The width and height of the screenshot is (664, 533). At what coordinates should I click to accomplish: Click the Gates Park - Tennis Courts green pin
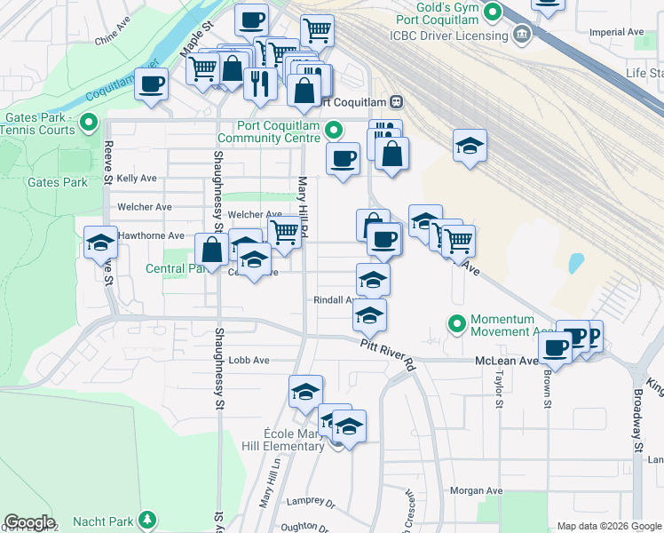[x=88, y=123]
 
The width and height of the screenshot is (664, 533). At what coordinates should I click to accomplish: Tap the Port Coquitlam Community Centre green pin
[x=334, y=131]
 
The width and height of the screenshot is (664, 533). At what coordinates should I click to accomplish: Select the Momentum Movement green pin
[x=457, y=325]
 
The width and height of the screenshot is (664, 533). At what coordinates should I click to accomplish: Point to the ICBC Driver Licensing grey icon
[x=522, y=36]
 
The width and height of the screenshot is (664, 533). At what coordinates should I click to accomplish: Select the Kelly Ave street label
[x=137, y=179]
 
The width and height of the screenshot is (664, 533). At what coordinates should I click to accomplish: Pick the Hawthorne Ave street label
[x=151, y=236]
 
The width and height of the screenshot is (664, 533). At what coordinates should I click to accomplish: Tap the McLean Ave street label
[x=506, y=361]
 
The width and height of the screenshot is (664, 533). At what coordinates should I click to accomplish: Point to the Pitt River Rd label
[x=388, y=354]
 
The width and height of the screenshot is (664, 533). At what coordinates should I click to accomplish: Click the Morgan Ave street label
[x=476, y=490]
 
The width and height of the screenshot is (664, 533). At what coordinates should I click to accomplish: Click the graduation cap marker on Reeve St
[x=101, y=242]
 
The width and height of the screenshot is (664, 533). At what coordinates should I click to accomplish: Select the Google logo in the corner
[x=29, y=522]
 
